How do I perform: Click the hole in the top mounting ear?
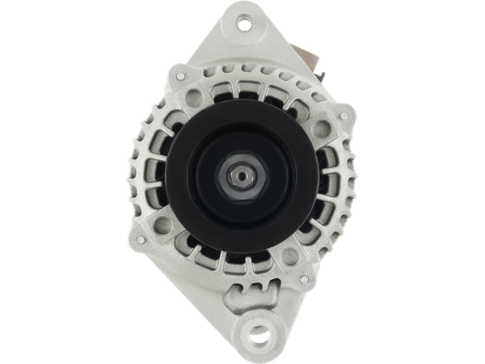(x=244, y=26)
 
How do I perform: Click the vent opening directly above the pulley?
(x=242, y=90)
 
